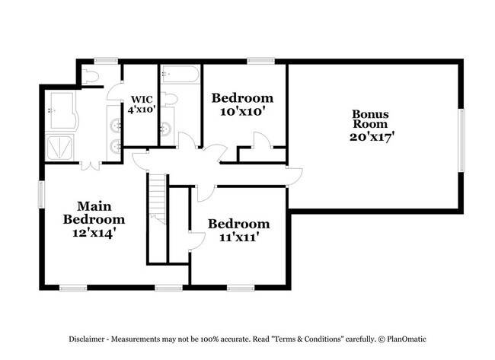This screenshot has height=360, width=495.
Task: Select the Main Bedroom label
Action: [93, 212]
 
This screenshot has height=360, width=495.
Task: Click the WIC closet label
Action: [141, 99]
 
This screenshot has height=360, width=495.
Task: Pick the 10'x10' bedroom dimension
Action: [242, 111]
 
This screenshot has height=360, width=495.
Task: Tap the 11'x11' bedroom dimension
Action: [238, 237]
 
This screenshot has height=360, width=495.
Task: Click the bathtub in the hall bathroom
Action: [180, 75]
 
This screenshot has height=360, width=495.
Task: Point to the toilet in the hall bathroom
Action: [169, 98]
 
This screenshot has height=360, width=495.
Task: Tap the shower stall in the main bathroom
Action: [61, 147]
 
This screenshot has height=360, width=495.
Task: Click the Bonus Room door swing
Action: [294, 174]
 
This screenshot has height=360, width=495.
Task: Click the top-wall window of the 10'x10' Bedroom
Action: [260, 60]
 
